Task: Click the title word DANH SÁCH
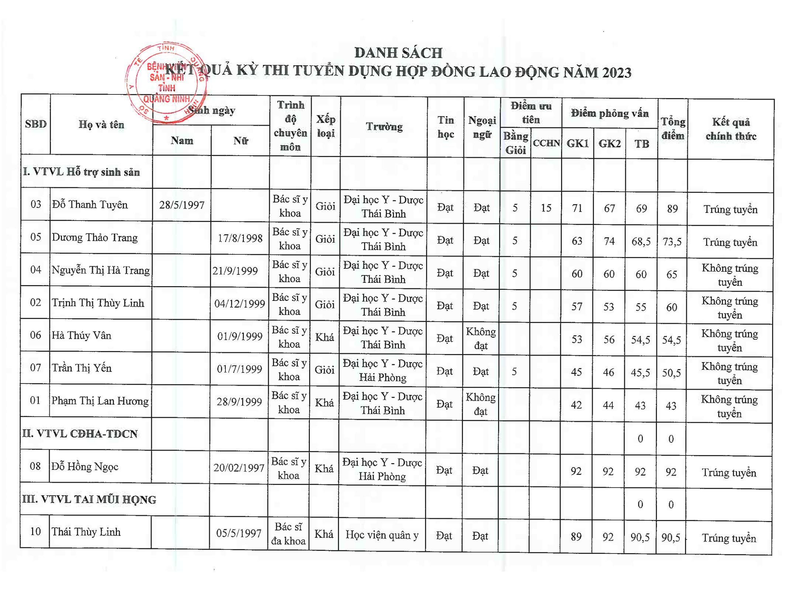tap(398, 53)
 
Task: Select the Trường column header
tap(384, 126)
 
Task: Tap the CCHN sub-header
tap(546, 143)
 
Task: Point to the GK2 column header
tap(609, 143)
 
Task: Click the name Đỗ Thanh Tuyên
tap(90, 205)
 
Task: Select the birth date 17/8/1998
tap(240, 238)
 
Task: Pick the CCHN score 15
tap(546, 208)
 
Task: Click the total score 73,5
tap(672, 242)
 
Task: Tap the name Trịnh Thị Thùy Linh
tap(98, 303)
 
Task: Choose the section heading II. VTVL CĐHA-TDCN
tap(80, 434)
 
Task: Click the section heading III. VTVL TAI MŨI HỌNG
tap(89, 500)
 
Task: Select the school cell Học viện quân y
tap(382, 535)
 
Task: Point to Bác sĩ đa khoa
tap(288, 534)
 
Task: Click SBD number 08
tap(35, 466)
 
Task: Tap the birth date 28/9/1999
tap(239, 402)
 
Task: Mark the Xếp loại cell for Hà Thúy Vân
tap(325, 337)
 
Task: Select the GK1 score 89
tap(576, 537)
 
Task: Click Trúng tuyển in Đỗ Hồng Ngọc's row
tap(729, 473)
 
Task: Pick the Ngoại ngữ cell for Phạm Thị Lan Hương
tap(480, 404)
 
